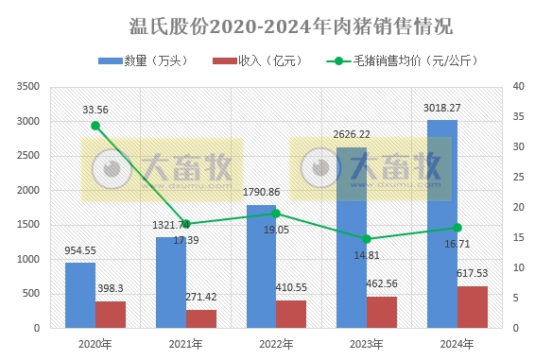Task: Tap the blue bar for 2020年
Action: [80, 295]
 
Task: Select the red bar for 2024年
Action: [473, 307]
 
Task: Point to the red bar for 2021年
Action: [201, 318]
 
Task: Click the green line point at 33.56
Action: [95, 126]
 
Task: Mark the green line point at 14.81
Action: [367, 239]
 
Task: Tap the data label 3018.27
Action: [442, 109]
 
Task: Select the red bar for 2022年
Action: [291, 314]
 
